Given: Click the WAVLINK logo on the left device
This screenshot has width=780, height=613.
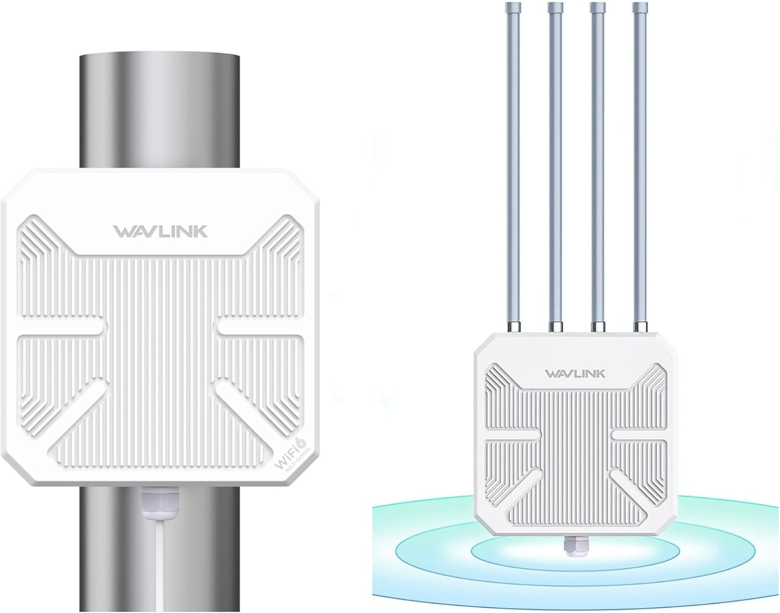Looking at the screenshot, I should [x=160, y=231].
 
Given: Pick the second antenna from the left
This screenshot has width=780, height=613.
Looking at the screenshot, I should [x=555, y=166].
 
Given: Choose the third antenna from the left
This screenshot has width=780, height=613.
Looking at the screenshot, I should [x=597, y=166].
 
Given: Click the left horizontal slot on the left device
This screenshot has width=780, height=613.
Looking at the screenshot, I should [x=62, y=328].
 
